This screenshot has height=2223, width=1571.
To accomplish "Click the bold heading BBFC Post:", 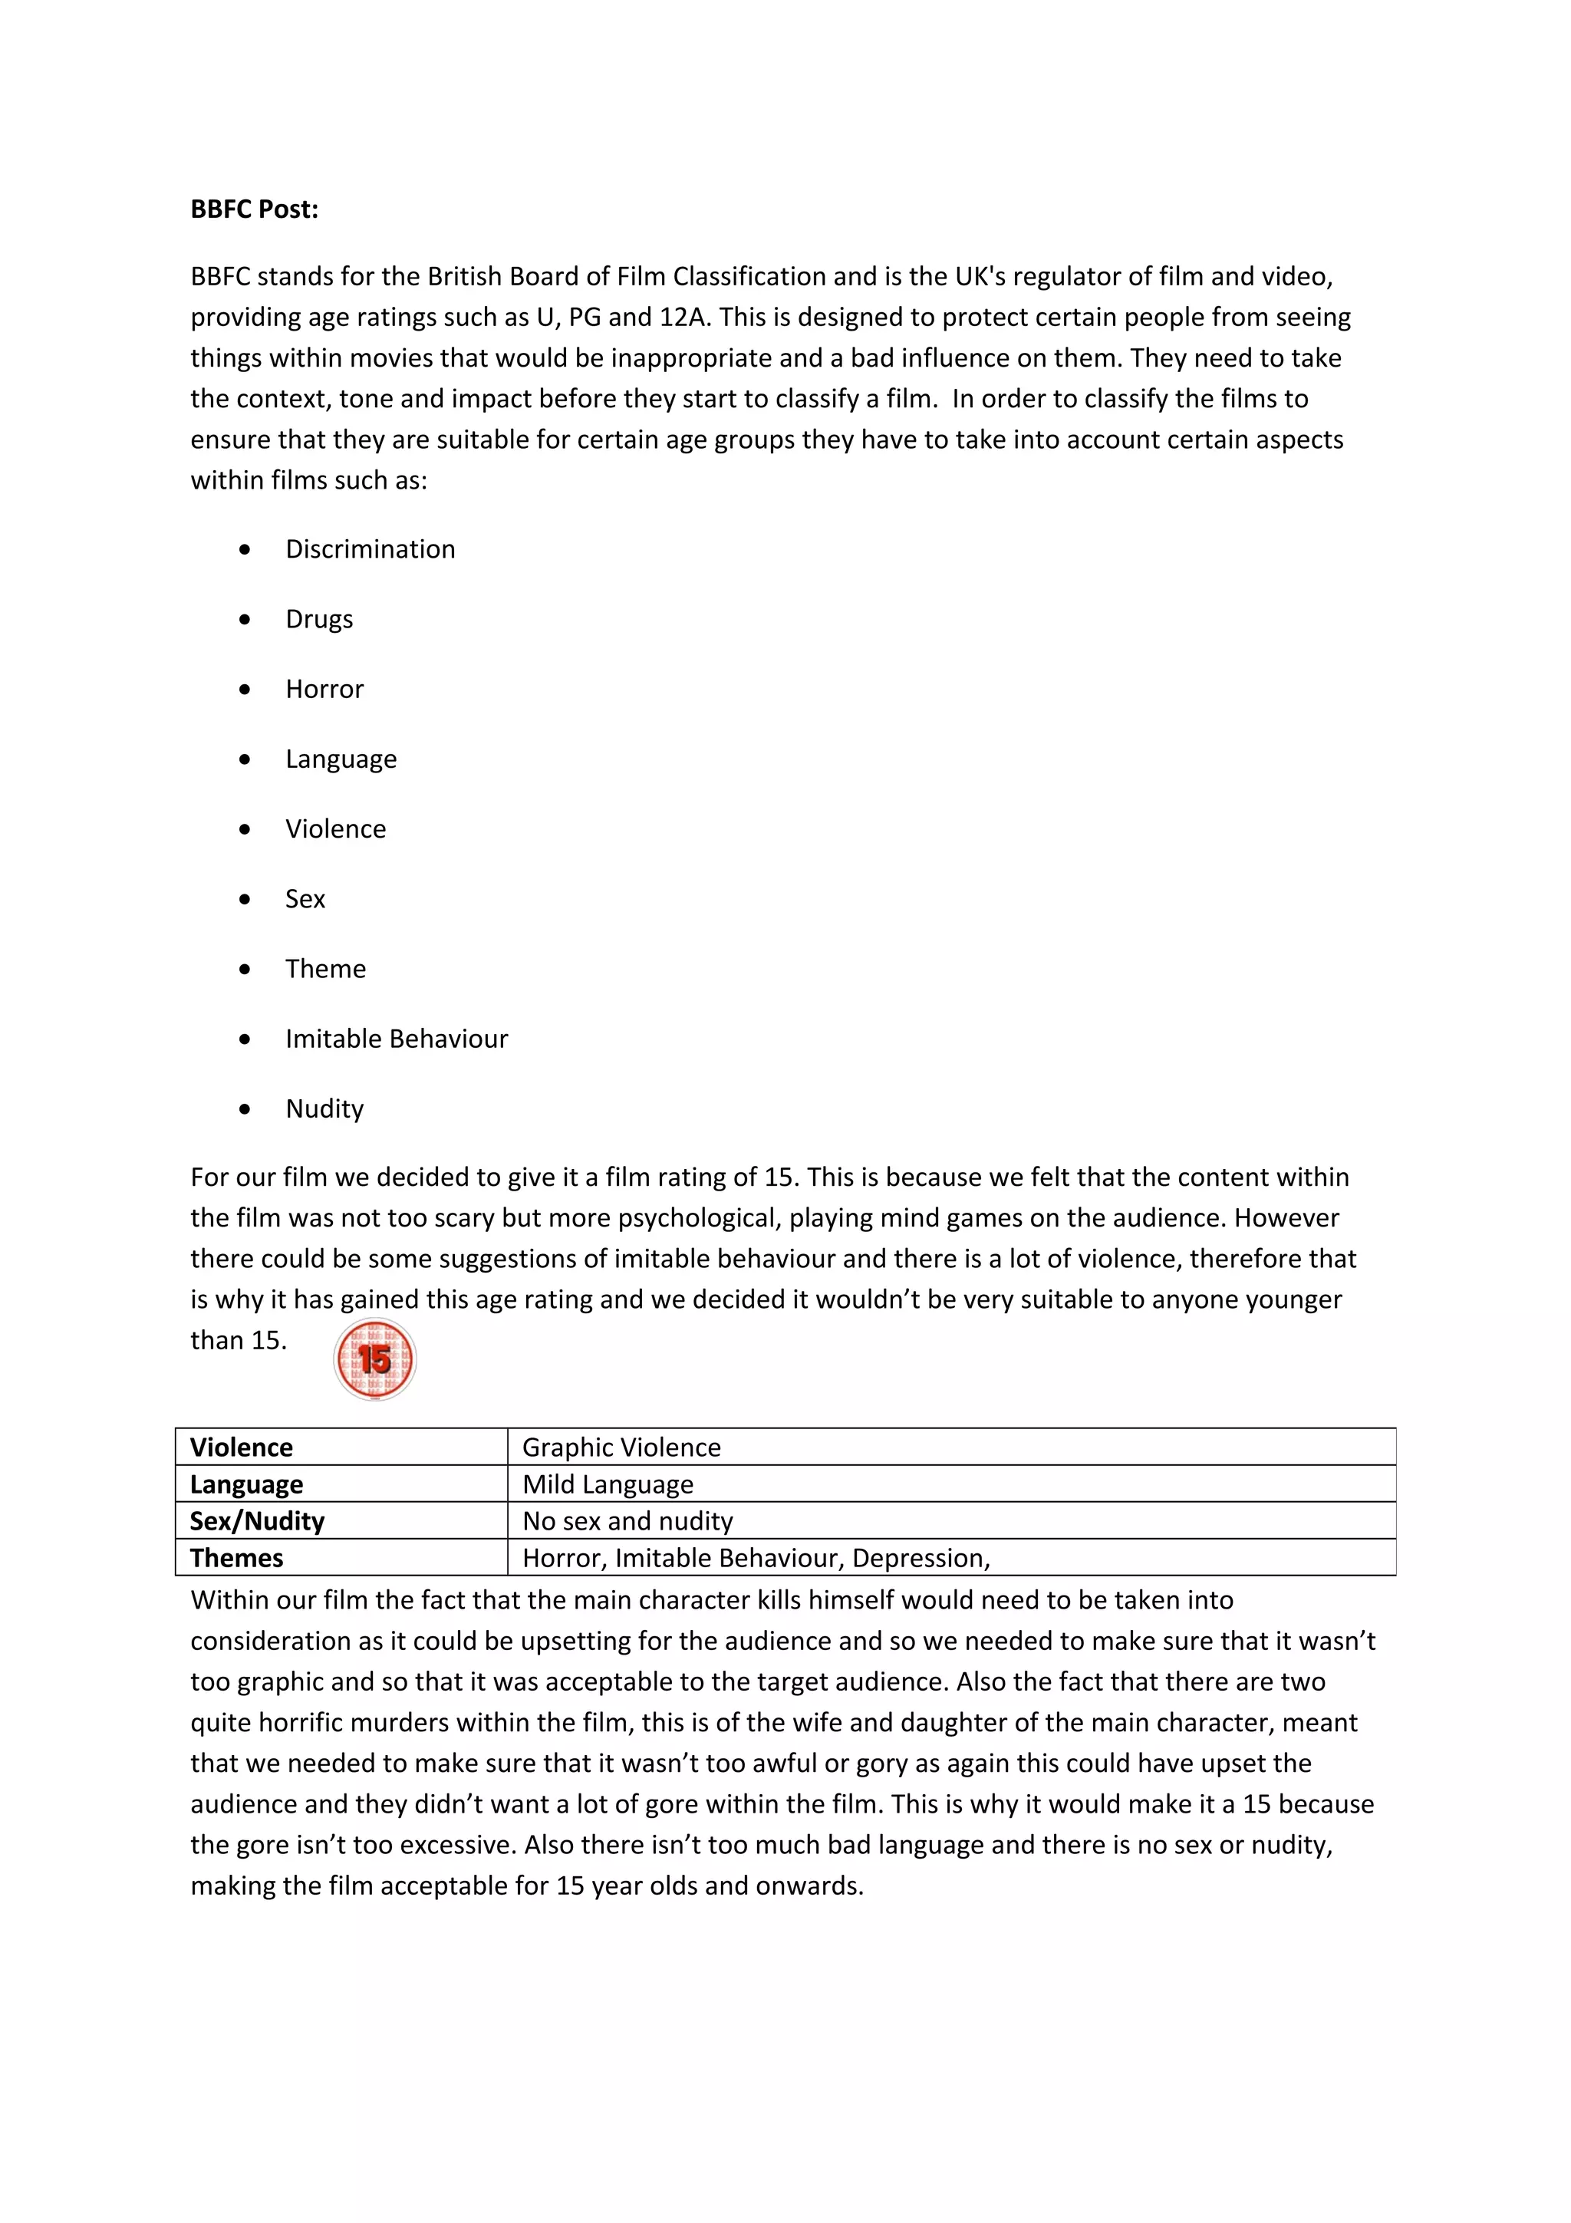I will [254, 209].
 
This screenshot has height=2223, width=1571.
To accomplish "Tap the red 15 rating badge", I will [374, 1358].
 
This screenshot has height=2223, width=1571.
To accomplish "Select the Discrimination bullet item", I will [370, 549].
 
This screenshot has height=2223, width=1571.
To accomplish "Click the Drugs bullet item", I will [318, 620].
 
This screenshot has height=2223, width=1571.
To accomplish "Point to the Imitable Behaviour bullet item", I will [396, 1039].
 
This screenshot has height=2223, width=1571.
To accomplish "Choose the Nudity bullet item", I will [324, 1108].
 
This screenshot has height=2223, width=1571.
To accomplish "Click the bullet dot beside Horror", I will [245, 690].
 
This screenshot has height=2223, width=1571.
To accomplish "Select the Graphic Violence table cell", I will [621, 1447].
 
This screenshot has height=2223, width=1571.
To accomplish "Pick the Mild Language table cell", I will [608, 1484].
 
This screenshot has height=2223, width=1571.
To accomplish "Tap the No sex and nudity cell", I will [627, 1521].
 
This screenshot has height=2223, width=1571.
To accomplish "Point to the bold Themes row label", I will [236, 1558].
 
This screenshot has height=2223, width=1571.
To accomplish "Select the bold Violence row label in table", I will [241, 1447].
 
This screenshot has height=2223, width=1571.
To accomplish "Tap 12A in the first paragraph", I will [684, 318].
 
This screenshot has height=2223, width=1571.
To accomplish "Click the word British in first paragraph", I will [466, 277].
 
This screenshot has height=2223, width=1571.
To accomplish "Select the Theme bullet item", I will [325, 969].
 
